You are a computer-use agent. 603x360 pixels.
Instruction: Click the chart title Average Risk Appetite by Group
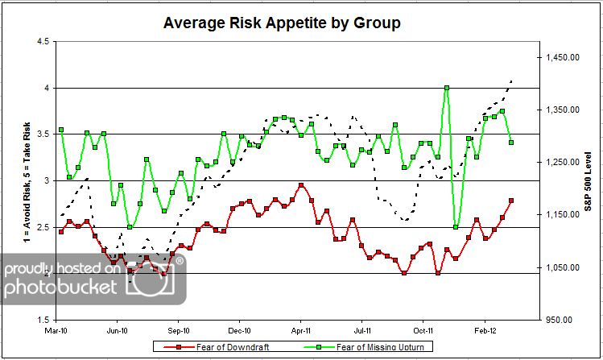tap(282, 23)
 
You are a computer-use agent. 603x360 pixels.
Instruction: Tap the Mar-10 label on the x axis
tap(56, 329)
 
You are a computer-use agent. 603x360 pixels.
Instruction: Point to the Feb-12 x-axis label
tap(485, 329)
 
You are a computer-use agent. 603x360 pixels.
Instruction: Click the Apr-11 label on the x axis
tap(301, 329)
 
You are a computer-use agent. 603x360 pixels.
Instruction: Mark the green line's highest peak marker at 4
tap(447, 88)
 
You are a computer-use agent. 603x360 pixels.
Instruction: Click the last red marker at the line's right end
tap(511, 201)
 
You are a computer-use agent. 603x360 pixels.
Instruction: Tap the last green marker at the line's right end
tap(511, 143)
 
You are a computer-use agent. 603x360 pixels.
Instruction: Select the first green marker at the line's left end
tap(60, 130)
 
